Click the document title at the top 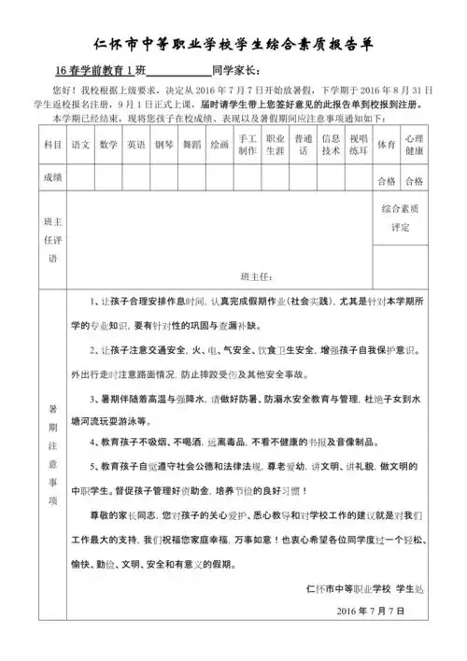pyautogui.click(x=233, y=44)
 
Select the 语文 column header pyautogui.click(x=80, y=145)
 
